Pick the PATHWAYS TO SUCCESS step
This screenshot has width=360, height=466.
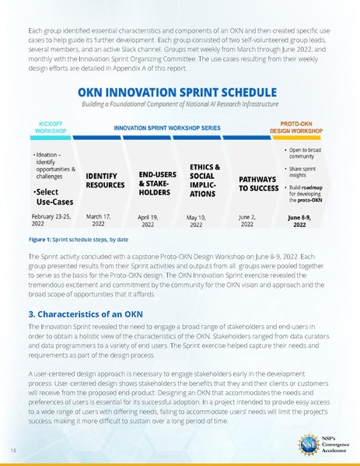tap(259, 184)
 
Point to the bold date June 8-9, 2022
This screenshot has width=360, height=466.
tap(299, 221)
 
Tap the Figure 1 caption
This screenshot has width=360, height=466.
tap(75, 240)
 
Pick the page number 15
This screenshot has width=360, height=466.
tap(14, 450)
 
